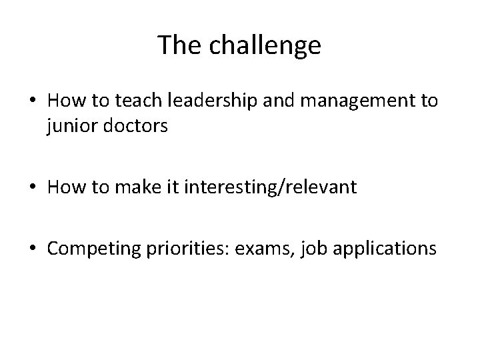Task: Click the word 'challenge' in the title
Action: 265,45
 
